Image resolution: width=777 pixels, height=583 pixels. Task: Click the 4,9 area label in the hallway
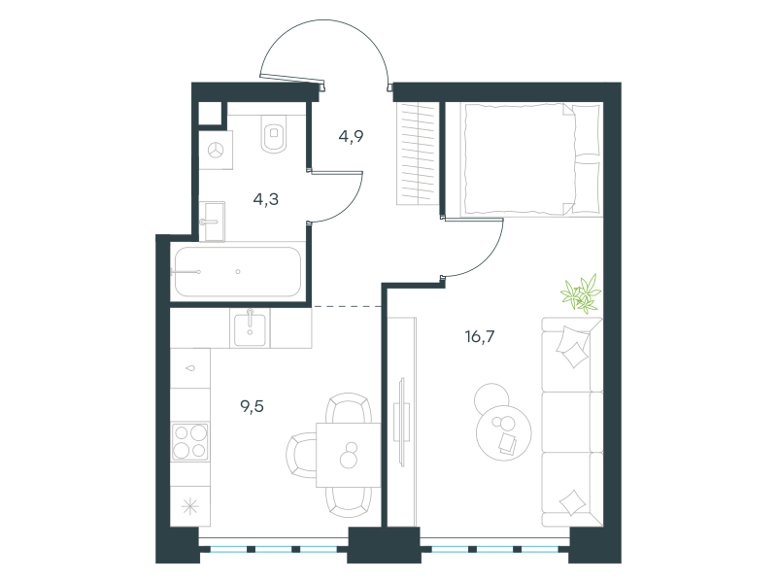pyautogui.click(x=351, y=136)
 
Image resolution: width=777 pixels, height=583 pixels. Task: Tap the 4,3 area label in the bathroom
pyautogui.click(x=265, y=199)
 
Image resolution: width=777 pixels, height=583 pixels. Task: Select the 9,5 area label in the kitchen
pyautogui.click(x=252, y=406)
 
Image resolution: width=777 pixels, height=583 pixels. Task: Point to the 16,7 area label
pyautogui.click(x=479, y=336)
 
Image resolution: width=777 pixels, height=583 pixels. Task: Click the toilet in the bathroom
pyautogui.click(x=274, y=134)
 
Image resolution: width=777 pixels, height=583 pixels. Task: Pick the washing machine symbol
pyautogui.click(x=216, y=151)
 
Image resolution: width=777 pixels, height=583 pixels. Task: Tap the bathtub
pyautogui.click(x=237, y=272)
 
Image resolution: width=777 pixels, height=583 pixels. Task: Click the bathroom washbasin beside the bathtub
pyautogui.click(x=213, y=222)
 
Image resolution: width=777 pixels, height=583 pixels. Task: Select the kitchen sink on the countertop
pyautogui.click(x=250, y=327)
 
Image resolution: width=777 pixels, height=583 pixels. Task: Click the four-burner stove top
pyautogui.click(x=189, y=441)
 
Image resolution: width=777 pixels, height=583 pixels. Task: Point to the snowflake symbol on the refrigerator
pyautogui.click(x=190, y=506)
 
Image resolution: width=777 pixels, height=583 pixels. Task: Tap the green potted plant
pyautogui.click(x=581, y=293)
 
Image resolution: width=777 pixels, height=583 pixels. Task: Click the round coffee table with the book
pyautogui.click(x=503, y=432)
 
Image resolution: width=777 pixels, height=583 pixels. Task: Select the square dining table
pyautogui.click(x=349, y=455)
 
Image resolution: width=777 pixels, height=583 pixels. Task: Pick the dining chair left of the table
pyautogui.click(x=301, y=455)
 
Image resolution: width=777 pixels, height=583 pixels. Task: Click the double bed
pyautogui.click(x=531, y=159)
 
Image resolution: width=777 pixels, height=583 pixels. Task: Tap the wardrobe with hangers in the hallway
pyautogui.click(x=418, y=154)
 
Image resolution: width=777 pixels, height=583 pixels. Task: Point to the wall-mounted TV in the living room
pyautogui.click(x=402, y=422)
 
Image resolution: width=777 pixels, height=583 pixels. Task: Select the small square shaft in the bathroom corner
pyautogui.click(x=210, y=114)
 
